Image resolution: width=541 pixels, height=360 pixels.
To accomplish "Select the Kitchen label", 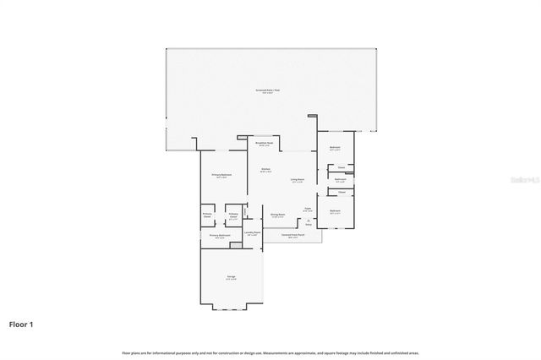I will [265, 170].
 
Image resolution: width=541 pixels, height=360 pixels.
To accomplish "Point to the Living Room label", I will [298, 179].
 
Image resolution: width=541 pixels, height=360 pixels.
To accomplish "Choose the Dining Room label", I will [276, 215].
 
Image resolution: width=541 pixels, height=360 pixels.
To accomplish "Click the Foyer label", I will [308, 210].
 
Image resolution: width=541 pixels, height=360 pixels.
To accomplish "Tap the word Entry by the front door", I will [309, 225].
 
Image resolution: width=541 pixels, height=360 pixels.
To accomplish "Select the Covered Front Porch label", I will [292, 237].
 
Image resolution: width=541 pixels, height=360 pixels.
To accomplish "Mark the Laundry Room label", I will [251, 232].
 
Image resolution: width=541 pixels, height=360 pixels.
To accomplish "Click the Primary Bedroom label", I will [221, 175].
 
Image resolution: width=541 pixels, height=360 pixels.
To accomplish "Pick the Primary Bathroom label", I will [220, 236].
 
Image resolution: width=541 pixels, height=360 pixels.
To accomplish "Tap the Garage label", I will [231, 278].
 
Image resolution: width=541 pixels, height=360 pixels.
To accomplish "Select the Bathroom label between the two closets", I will [340, 179].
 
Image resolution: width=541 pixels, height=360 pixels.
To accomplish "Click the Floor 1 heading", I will [21, 324].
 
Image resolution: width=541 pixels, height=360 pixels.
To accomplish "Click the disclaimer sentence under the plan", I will [270, 352].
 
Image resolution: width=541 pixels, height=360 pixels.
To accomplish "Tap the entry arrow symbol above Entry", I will [309, 220].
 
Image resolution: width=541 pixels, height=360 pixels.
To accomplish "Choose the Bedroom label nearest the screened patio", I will [335, 148].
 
